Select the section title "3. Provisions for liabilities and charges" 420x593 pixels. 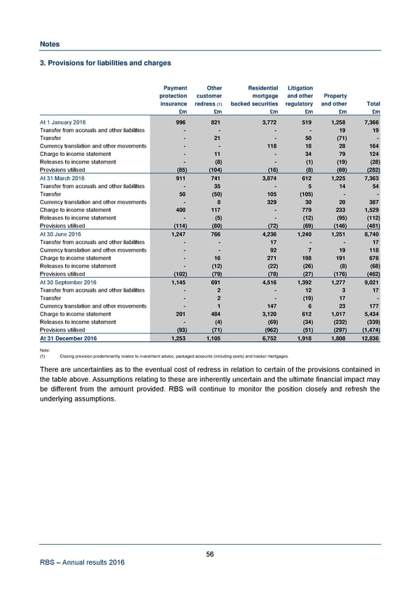pyautogui.click(x=105, y=63)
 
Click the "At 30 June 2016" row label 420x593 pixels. pyautogui.click(x=61, y=236)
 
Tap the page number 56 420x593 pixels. pyautogui.click(x=210, y=555)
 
